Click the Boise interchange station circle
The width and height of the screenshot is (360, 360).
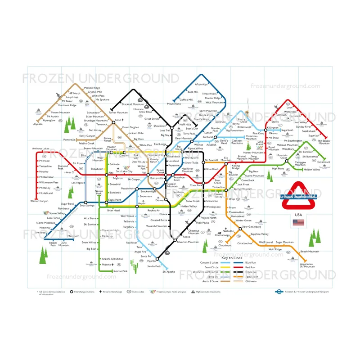(x=113, y=121)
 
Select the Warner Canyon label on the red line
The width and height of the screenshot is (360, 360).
(x=39, y=201)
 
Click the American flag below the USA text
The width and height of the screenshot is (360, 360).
(x=298, y=223)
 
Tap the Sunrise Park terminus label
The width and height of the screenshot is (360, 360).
(x=120, y=271)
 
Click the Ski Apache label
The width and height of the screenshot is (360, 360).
(x=169, y=272)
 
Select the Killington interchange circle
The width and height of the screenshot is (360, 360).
(x=265, y=128)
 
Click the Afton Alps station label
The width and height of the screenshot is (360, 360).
(x=201, y=84)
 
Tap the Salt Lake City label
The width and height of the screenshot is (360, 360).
(x=124, y=171)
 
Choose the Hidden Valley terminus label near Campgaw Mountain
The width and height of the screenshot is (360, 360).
(x=312, y=170)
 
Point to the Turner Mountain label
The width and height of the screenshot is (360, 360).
(x=118, y=112)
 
